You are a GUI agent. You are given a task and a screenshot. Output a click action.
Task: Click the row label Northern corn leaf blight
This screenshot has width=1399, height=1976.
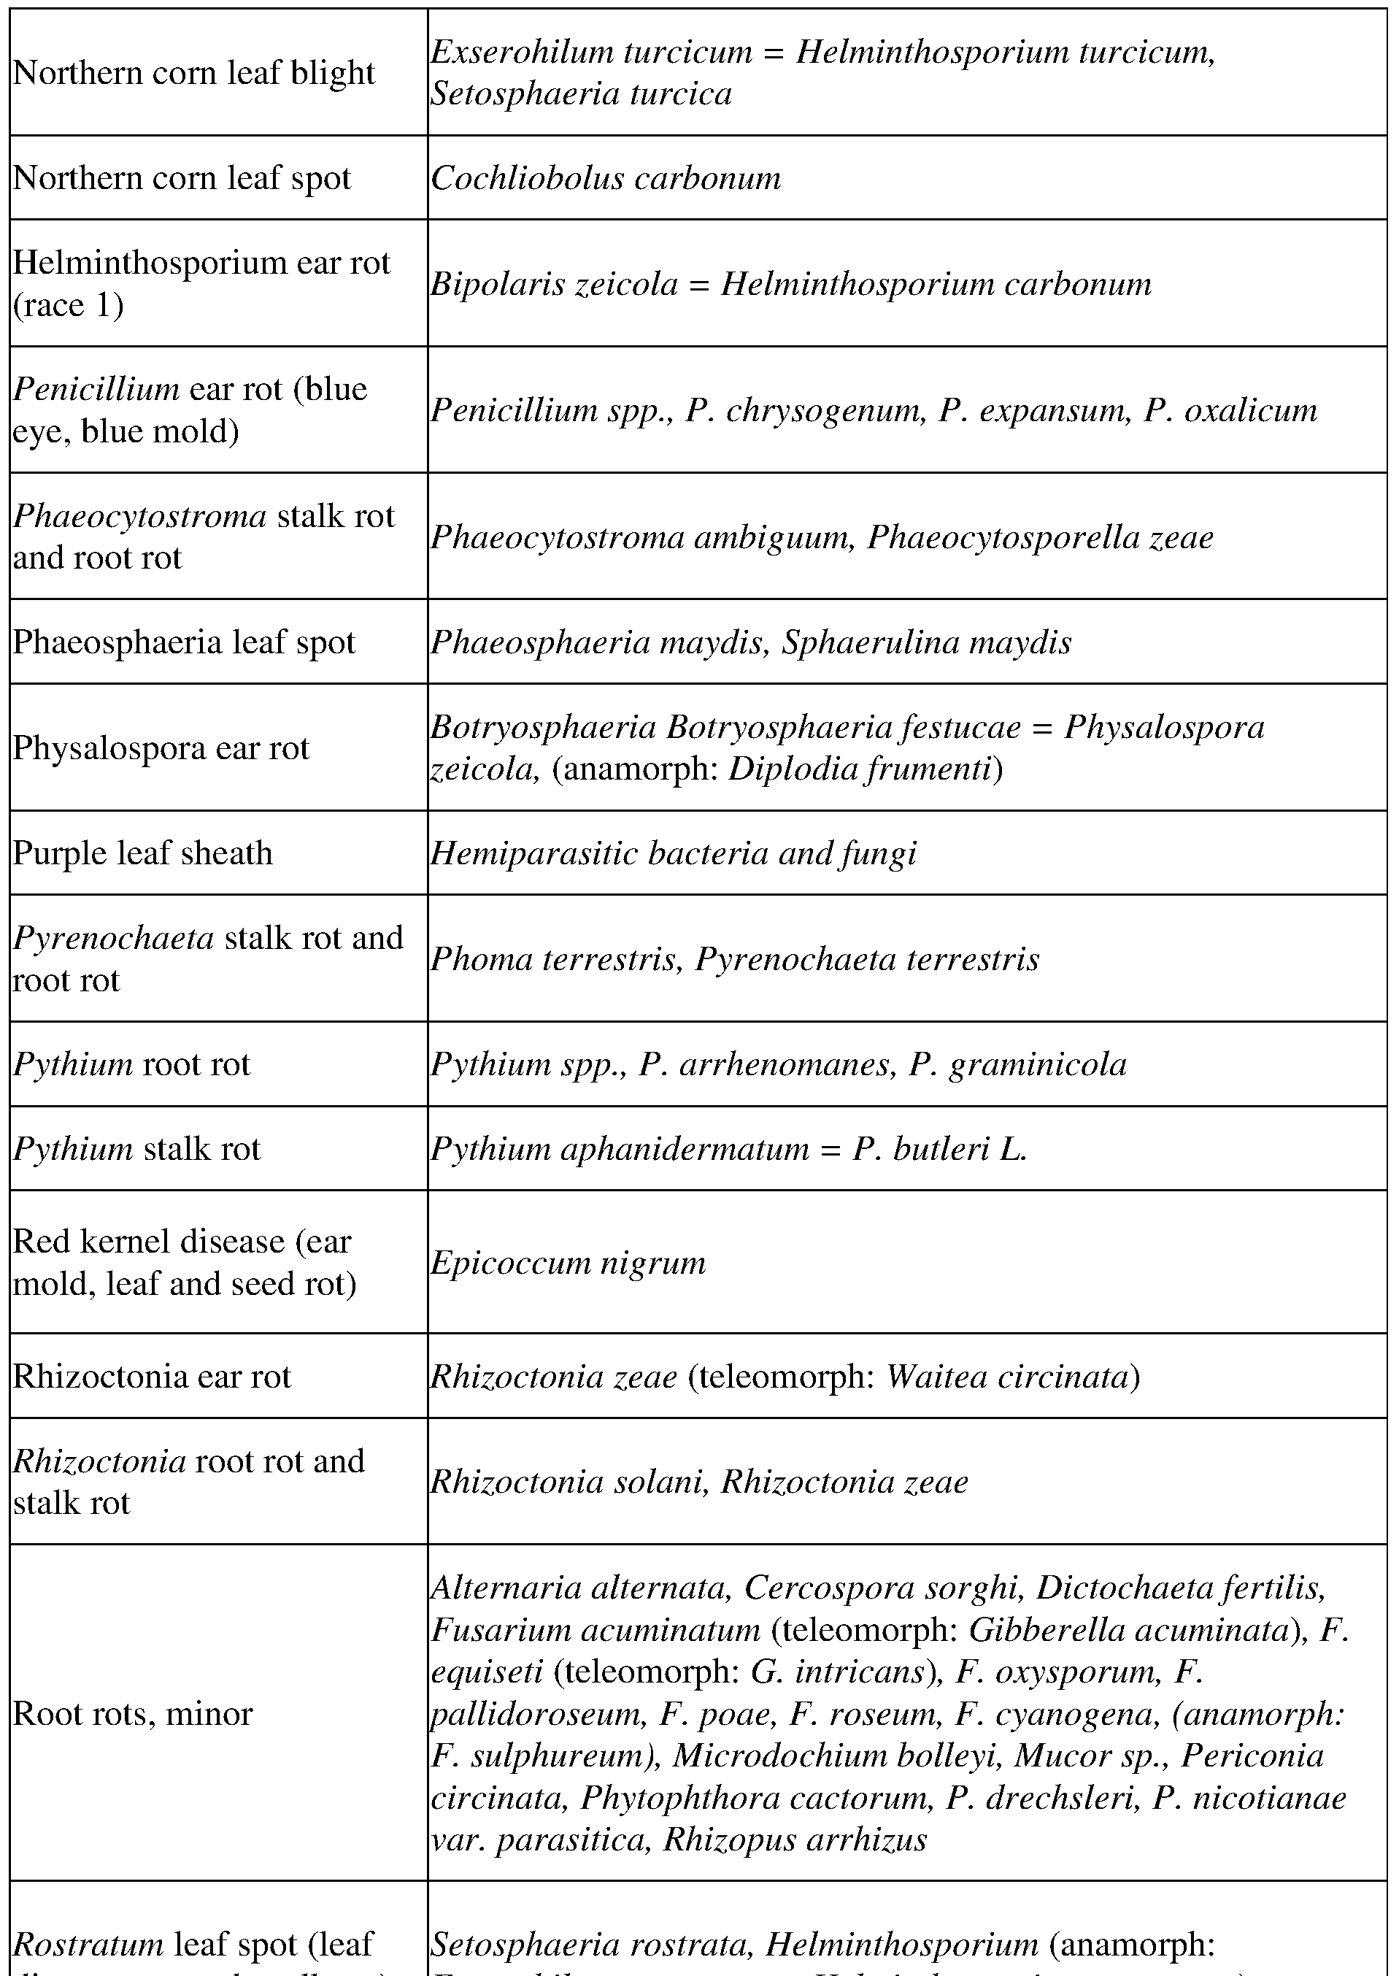click(194, 73)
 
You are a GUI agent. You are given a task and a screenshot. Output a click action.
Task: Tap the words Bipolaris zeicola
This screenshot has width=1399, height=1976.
click(554, 283)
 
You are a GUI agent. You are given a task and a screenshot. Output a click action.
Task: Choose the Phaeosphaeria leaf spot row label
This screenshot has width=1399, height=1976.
click(183, 643)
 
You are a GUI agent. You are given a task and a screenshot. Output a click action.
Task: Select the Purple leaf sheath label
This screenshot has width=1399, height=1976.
click(143, 853)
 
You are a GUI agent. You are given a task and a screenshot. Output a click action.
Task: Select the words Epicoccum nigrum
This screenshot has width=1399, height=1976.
click(568, 1263)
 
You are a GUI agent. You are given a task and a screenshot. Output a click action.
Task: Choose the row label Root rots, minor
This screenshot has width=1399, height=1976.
click(133, 1713)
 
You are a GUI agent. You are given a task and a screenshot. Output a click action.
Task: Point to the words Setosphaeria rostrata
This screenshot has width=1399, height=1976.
click(590, 1944)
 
